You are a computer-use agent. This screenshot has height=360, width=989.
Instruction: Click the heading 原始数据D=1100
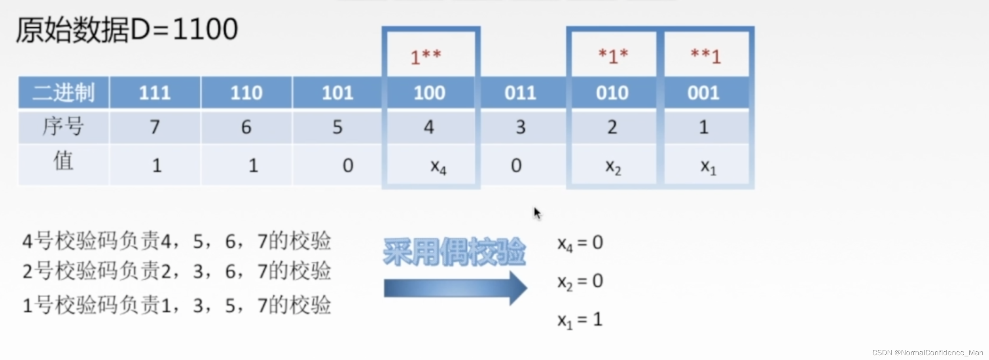(127, 30)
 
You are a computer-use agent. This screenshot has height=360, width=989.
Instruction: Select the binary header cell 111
(155, 93)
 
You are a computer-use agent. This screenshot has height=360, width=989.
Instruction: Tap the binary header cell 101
(337, 93)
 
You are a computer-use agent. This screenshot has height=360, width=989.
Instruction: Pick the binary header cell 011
(520, 93)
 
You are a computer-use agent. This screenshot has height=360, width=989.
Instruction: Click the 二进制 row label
(63, 93)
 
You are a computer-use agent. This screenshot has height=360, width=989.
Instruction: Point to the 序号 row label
(63, 127)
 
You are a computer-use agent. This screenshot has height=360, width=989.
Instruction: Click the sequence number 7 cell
(155, 127)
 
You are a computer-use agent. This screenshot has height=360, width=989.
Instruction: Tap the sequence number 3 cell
(521, 127)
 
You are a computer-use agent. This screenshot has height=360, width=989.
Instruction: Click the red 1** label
(426, 57)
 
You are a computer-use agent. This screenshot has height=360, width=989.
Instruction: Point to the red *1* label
(613, 56)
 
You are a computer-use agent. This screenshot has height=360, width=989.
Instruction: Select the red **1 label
(706, 56)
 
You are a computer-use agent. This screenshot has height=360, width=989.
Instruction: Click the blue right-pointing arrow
(455, 288)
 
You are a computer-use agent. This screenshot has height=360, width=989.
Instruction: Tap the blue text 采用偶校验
(454, 252)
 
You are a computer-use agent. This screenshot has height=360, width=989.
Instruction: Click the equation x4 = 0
(580, 243)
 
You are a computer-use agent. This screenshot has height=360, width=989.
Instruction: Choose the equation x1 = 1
(580, 320)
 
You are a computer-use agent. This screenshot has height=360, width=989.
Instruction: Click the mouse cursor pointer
(537, 213)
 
